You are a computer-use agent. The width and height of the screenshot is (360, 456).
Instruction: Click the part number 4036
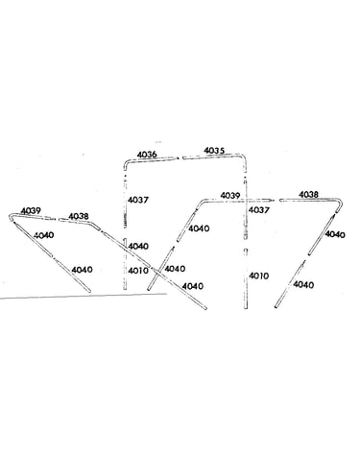point(147,155)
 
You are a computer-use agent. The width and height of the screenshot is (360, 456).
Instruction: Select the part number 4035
point(214,151)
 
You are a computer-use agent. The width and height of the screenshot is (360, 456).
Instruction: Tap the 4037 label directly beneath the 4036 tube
point(138,200)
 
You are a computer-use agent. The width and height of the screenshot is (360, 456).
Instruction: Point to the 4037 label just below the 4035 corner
point(259,210)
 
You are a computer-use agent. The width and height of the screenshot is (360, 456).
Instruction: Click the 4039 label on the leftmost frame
point(31,211)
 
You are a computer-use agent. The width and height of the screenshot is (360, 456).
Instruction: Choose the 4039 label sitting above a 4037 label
point(230,196)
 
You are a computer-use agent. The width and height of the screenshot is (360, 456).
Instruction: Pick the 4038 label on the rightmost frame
point(309,195)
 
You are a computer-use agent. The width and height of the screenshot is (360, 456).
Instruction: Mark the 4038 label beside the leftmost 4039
point(79,216)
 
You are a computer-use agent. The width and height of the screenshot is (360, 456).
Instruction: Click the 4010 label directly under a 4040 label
point(138,271)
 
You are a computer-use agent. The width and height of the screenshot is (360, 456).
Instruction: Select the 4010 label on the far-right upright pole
point(259,276)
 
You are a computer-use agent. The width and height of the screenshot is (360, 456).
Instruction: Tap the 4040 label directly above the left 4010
point(138,246)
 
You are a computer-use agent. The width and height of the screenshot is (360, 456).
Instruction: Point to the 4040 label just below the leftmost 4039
point(44,235)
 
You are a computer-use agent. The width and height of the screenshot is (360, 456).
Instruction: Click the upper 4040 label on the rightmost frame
point(335,234)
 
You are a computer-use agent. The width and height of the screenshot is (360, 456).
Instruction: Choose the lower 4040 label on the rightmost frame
point(303,284)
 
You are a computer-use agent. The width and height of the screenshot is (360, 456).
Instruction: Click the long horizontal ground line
point(84,296)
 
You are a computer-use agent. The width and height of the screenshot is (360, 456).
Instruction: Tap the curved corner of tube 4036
point(126,164)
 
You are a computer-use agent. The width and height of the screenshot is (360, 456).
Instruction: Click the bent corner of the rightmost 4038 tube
point(339,202)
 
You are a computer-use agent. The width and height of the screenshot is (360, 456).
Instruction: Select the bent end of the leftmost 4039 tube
point(12,216)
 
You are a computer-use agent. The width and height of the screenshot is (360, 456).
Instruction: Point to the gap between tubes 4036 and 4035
point(180,157)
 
